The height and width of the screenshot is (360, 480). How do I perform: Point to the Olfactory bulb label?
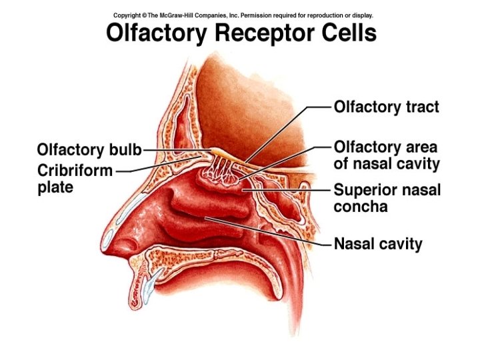(89, 149)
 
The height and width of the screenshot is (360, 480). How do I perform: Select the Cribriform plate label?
(75, 177)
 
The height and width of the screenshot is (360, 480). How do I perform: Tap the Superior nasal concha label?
(387, 198)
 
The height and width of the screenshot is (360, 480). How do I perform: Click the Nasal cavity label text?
(377, 244)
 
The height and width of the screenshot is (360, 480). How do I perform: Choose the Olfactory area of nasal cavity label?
(386, 155)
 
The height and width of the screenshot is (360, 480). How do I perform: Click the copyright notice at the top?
(243, 15)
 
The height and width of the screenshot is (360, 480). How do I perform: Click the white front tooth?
(149, 288)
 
